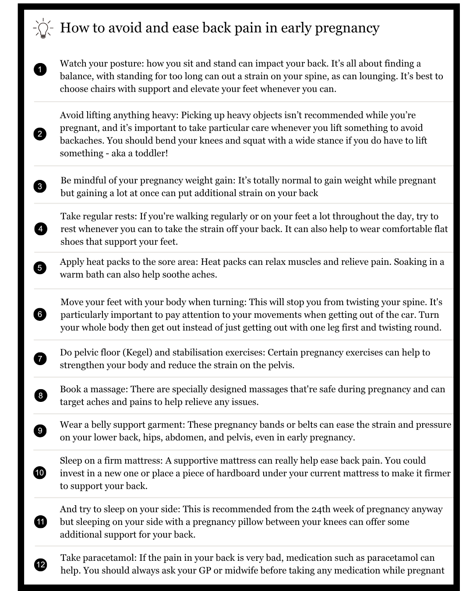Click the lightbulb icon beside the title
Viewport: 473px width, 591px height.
click(x=43, y=28)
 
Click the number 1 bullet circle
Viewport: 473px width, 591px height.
click(x=40, y=70)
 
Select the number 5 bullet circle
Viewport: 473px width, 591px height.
click(x=40, y=267)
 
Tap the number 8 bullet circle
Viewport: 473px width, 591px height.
click(x=40, y=396)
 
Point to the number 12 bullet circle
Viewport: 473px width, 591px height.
click(x=40, y=564)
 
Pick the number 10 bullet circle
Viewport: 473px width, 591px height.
click(x=40, y=473)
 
